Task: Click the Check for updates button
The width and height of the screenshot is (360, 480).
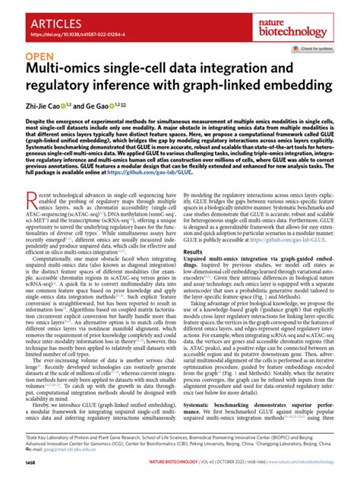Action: (x=318, y=48)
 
